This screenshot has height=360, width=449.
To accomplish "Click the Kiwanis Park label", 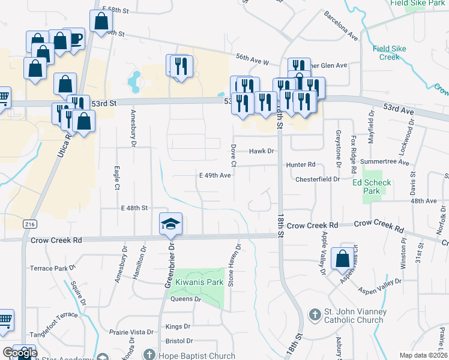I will (199, 282).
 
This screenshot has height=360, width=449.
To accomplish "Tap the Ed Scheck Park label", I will (372, 187).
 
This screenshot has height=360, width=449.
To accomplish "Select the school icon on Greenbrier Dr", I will (170, 224).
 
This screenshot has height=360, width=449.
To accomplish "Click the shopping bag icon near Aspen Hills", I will (342, 259).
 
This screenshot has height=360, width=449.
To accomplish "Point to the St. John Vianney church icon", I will (315, 314).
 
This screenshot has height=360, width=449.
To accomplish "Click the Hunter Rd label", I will (301, 164).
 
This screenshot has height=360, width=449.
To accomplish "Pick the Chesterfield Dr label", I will (318, 179).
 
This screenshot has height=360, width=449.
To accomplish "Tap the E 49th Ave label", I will (215, 175).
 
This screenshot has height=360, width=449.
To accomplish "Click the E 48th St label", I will (134, 208).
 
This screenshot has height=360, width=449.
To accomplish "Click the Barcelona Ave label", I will (340, 26).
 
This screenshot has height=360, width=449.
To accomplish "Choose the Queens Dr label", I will (185, 299).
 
